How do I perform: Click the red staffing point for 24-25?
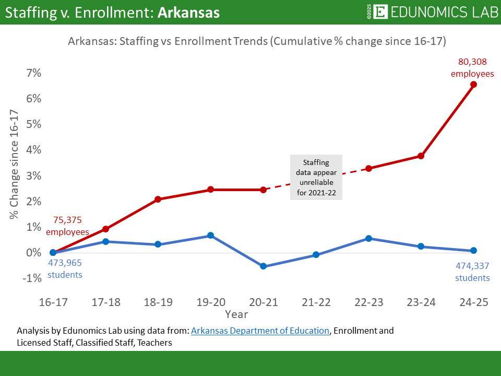[x=473, y=84]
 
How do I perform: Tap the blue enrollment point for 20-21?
[x=263, y=266]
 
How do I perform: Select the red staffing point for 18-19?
[x=158, y=199]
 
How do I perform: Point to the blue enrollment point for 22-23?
[x=368, y=238]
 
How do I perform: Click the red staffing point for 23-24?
[x=421, y=156]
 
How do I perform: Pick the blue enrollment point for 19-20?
[x=210, y=236]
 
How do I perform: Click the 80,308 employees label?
[x=472, y=68]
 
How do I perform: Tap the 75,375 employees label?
[x=67, y=226]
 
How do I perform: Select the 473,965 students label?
[x=65, y=268]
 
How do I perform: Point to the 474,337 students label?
[x=472, y=272]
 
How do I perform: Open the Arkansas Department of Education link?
[x=260, y=331]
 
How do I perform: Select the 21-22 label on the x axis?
[x=316, y=303]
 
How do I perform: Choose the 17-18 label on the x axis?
[x=106, y=303]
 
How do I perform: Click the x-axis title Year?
[x=236, y=314]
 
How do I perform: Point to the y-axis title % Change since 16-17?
[x=14, y=164]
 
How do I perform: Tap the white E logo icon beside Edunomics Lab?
[x=381, y=13]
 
